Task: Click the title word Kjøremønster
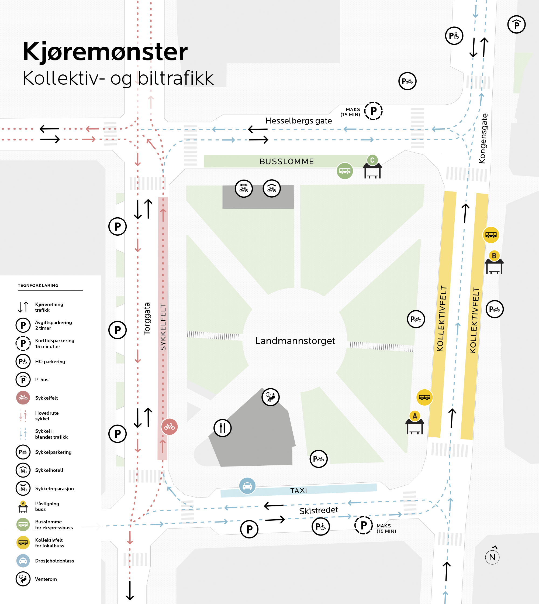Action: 105,52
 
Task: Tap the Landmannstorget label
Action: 295,341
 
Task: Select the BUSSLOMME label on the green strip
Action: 286,162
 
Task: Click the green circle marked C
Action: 372,160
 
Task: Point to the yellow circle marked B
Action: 494,255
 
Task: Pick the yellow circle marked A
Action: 414,416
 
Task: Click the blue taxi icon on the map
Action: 247,486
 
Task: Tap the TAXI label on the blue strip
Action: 299,490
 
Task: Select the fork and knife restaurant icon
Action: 222,428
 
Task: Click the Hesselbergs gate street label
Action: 298,121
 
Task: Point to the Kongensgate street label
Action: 482,138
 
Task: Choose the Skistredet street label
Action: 318,510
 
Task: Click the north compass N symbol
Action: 492,557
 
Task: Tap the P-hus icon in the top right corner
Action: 516,25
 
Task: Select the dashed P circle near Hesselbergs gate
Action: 373,111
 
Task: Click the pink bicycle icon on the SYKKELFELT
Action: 170,427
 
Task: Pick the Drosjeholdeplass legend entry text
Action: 54,561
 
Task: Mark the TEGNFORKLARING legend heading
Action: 38,285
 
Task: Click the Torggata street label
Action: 147,319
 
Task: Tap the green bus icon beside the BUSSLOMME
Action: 345,171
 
